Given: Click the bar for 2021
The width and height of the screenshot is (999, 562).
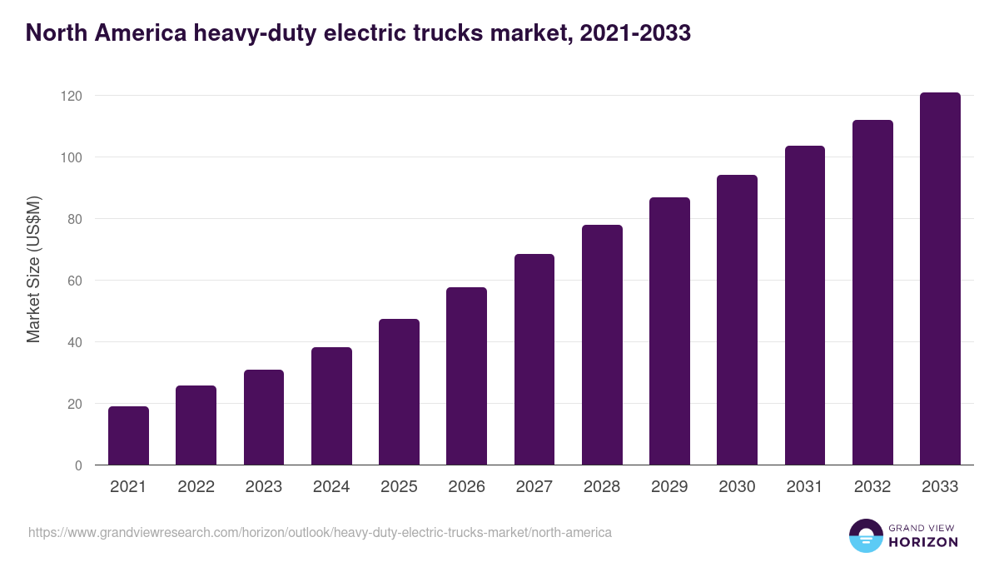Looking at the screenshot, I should tap(128, 435).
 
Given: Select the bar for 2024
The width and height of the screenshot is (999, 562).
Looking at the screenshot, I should tap(331, 406).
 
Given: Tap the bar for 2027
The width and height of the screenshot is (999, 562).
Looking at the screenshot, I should tap(534, 360).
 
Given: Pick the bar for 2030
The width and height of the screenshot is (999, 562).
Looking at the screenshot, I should tap(737, 320).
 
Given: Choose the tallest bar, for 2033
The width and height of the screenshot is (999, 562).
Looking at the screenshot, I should tap(940, 279).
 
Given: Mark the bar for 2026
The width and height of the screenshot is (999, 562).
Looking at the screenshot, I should tap(466, 376).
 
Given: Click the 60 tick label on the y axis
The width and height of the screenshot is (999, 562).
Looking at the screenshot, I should tap(76, 281).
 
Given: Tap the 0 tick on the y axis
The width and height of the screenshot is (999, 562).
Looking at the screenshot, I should tap(79, 465).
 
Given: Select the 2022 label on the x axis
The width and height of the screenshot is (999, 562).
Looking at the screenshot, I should tap(196, 487).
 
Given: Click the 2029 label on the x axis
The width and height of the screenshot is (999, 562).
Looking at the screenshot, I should tap(669, 487).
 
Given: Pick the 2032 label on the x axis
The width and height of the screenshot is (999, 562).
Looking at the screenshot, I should tap(872, 487).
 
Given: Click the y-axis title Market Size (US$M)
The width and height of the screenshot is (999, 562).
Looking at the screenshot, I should tap(33, 269).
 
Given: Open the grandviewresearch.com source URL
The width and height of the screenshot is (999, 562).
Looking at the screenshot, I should tap(320, 532).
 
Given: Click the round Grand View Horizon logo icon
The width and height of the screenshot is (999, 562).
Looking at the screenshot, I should tap(865, 535).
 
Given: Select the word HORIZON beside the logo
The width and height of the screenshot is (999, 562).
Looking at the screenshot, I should tap(923, 542).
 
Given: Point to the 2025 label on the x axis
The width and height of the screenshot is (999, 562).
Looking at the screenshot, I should tap(399, 487).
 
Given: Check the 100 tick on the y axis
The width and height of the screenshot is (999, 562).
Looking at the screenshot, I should tap(72, 157).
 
